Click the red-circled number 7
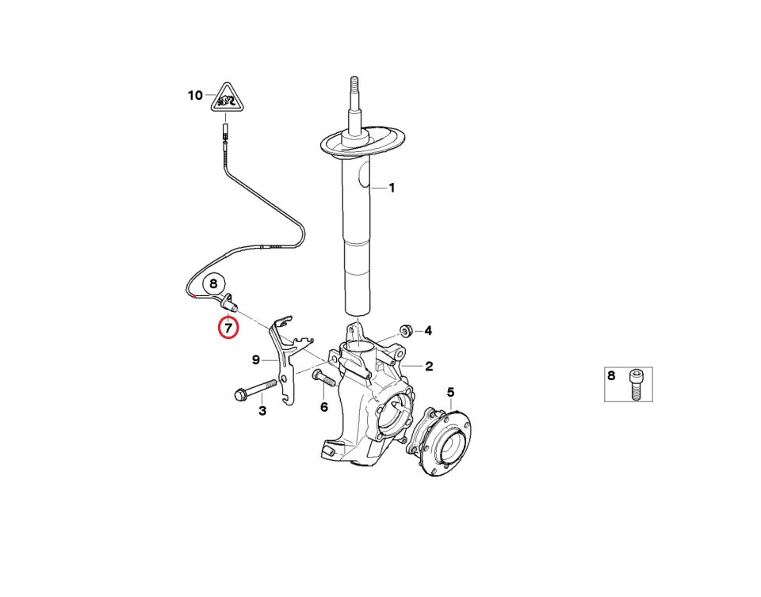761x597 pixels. tap(228, 328)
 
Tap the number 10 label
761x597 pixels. tap(195, 96)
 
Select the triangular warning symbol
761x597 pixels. tap(227, 97)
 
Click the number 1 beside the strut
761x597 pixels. tap(392, 188)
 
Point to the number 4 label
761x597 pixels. tap(428, 330)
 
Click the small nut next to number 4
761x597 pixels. tap(406, 330)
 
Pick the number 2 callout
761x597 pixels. tap(429, 367)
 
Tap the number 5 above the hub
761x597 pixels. tap(451, 392)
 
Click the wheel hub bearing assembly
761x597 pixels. tap(438, 440)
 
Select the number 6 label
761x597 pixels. tap(324, 407)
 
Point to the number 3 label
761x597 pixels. tap(262, 411)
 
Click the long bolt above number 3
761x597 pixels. tap(254, 389)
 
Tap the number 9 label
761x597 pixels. tap(256, 360)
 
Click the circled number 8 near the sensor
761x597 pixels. tap(213, 284)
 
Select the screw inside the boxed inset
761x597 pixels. tap(637, 386)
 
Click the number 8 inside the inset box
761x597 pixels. tap(611, 375)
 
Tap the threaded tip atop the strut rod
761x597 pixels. tap(354, 86)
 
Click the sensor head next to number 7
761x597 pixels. tap(229, 304)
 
